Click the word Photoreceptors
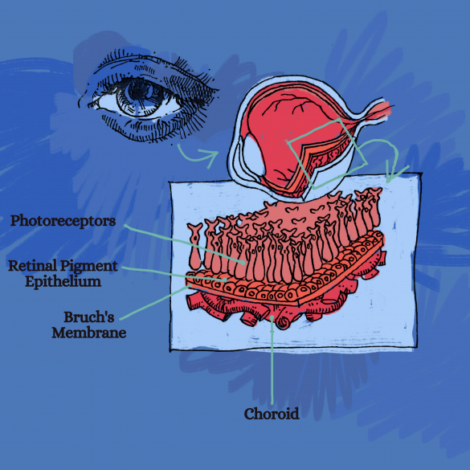click(x=63, y=221)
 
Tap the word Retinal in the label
click(x=32, y=266)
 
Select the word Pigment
click(x=89, y=267)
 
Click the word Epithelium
click(x=63, y=282)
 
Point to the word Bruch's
click(x=89, y=317)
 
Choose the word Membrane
click(x=89, y=333)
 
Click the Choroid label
click(x=272, y=414)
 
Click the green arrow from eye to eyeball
click(x=196, y=157)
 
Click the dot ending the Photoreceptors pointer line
click(x=242, y=262)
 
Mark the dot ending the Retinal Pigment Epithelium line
click(x=225, y=280)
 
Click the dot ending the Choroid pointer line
click(x=272, y=317)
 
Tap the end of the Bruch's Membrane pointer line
click(x=190, y=286)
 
